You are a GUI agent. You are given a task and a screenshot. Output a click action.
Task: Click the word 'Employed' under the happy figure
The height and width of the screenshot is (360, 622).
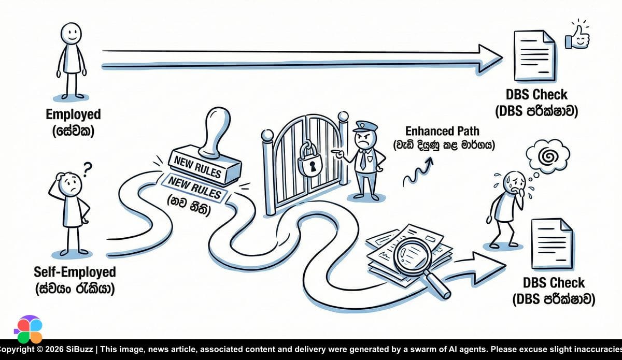73,114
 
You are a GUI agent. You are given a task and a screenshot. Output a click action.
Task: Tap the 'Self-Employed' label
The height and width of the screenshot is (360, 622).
75,271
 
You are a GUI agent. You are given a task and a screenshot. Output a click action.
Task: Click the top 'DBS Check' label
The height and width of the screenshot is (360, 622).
536,95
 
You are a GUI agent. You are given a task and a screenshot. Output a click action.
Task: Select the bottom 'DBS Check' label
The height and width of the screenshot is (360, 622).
553,283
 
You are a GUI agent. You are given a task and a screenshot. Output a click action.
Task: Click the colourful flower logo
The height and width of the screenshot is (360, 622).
28,329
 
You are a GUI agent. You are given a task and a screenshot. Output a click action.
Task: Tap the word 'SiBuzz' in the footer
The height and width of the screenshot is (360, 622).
80,349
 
